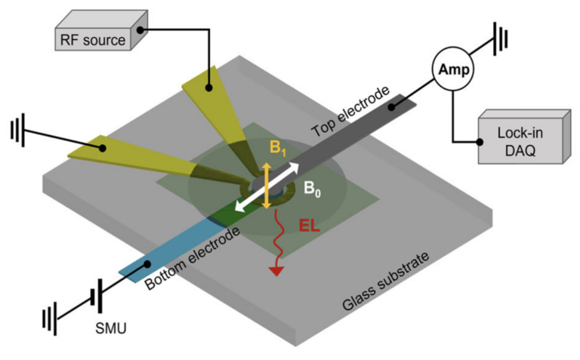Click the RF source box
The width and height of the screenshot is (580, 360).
point(101,31)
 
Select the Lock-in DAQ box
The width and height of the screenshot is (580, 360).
point(525,137)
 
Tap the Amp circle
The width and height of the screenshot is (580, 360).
point(453,69)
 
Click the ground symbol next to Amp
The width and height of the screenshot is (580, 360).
point(500,38)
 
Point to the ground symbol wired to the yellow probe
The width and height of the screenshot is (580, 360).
point(17,130)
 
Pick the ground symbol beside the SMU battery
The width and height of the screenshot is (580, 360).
point(50,318)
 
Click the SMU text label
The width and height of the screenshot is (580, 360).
point(111,328)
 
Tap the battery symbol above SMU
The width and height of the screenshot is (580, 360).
point(96,297)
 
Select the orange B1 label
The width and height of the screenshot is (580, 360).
point(278,148)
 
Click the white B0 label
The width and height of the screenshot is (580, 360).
point(312,189)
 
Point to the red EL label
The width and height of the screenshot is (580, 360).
point(309,226)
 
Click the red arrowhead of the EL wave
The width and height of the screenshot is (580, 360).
point(276,271)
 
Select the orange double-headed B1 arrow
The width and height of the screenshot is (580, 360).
point(267,186)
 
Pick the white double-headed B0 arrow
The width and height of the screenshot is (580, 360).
point(267,187)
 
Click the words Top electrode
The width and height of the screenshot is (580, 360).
point(350,111)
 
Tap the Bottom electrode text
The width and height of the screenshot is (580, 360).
point(192,258)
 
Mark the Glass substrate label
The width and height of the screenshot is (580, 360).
point(386,281)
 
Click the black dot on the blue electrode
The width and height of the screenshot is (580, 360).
point(147,264)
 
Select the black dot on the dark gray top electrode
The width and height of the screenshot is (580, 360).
point(391,107)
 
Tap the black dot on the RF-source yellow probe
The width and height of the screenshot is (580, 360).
point(208,88)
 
